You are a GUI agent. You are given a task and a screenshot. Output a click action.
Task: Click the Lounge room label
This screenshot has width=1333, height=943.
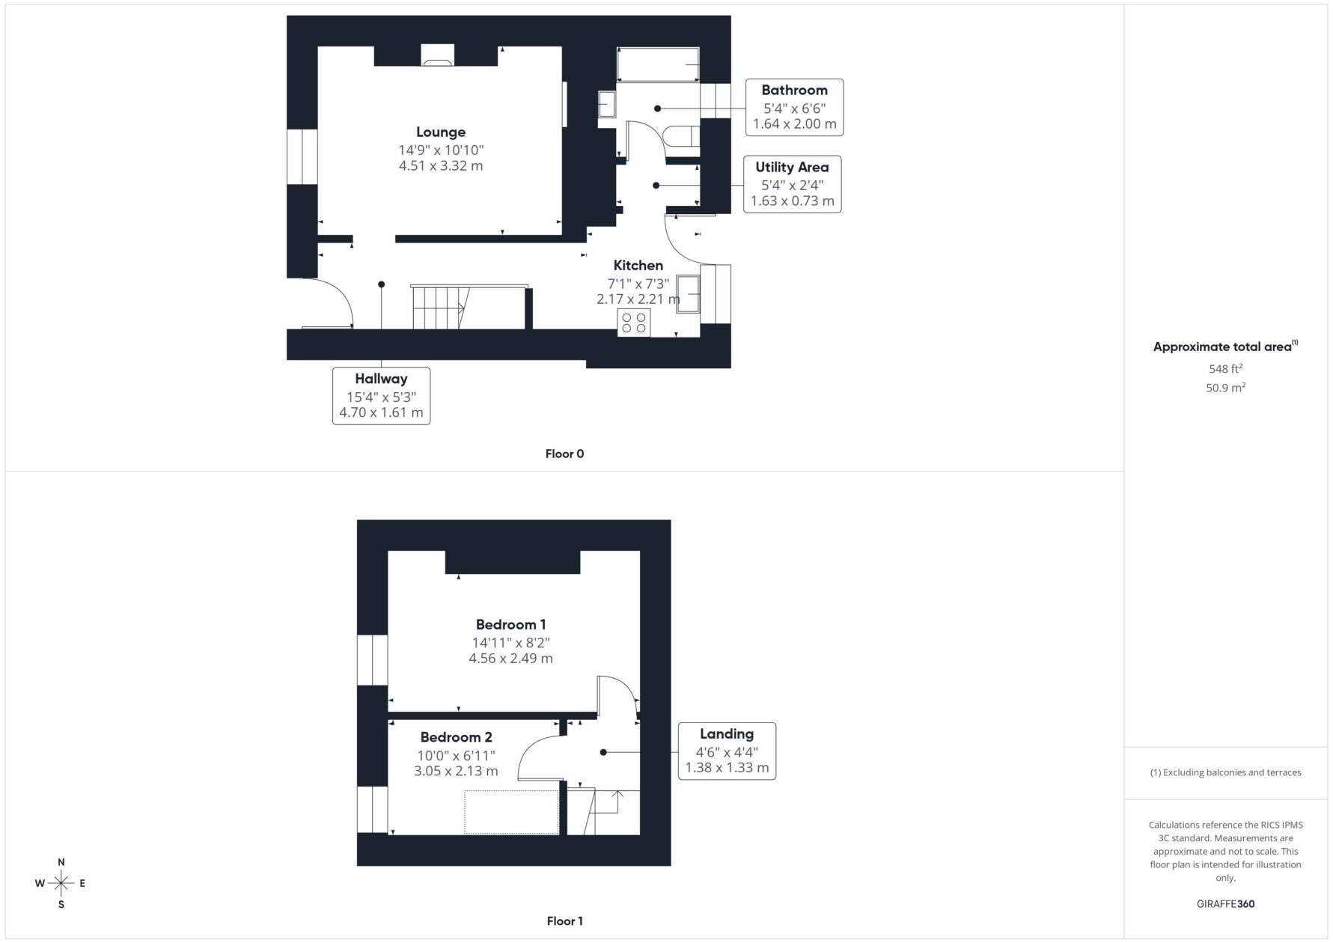(x=441, y=132)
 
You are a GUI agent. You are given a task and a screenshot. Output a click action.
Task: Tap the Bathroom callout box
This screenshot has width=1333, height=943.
(x=794, y=107)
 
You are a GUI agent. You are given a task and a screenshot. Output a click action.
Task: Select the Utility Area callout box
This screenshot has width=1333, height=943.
(x=792, y=184)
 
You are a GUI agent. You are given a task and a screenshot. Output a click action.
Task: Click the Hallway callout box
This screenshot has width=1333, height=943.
(x=381, y=396)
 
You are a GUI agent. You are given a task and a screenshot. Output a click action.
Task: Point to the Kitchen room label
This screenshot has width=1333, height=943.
(x=638, y=265)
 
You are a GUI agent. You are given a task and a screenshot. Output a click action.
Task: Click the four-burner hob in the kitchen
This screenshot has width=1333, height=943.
(x=634, y=323)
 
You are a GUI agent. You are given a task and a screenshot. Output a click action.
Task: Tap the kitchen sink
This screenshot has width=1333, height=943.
(x=689, y=293)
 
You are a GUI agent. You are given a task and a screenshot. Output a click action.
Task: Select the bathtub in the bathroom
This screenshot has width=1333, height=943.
(x=658, y=65)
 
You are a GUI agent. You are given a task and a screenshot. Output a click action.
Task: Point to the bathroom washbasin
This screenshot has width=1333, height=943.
(x=606, y=104)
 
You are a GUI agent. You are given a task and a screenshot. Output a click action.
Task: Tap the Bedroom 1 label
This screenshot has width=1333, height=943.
(x=511, y=624)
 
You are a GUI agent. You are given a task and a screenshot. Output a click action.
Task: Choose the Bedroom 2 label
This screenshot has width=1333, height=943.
(x=456, y=737)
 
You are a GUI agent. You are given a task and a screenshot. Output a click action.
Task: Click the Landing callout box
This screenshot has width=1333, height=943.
(x=727, y=751)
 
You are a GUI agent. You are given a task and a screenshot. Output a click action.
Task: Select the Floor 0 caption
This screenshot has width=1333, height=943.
(x=564, y=454)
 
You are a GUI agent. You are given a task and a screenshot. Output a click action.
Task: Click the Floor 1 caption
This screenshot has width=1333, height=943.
(x=564, y=921)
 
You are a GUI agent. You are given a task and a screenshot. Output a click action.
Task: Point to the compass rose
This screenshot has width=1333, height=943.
(x=61, y=883)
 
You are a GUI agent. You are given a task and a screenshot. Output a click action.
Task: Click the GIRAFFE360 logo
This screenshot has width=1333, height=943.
(x=1225, y=903)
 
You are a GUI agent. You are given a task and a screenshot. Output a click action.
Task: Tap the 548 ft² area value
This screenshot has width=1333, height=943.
(x=1225, y=368)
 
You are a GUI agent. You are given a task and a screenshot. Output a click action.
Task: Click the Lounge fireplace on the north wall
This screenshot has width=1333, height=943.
(x=438, y=55)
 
